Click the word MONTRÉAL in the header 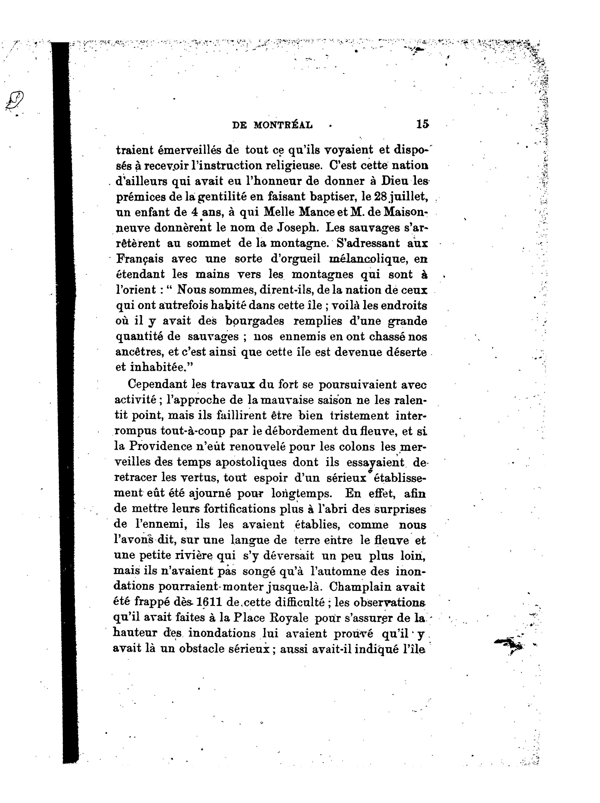[283, 125]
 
